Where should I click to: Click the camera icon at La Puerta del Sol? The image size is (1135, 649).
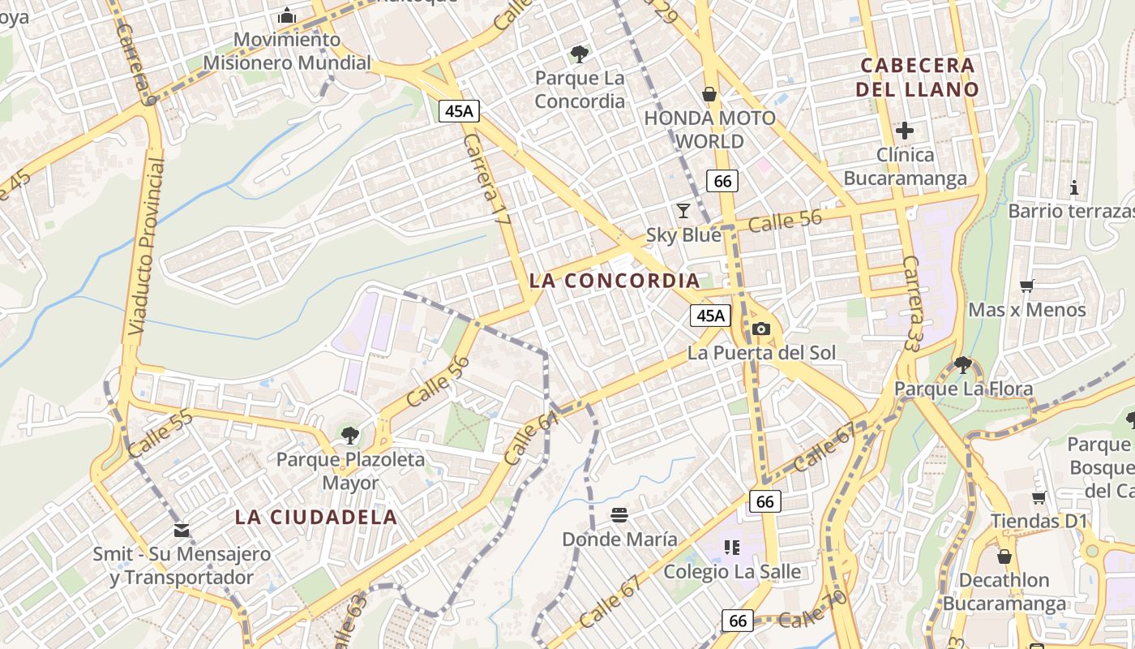pyautogui.click(x=760, y=329)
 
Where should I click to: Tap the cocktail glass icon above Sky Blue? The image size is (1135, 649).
pyautogui.click(x=683, y=211)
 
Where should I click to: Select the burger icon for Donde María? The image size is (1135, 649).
pyautogui.click(x=619, y=514)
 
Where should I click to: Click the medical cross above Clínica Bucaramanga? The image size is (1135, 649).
pyautogui.click(x=905, y=130)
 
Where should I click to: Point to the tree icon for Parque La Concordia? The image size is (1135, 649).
pyautogui.click(x=579, y=54)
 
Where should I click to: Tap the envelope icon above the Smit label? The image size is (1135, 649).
pyautogui.click(x=182, y=531)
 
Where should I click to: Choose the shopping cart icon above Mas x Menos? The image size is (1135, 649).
pyautogui.click(x=1026, y=286)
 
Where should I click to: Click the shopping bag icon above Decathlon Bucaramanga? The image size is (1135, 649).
pyautogui.click(x=1004, y=556)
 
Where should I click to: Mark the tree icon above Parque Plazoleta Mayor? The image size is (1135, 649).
pyautogui.click(x=349, y=436)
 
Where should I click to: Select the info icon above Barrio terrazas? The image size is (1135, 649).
pyautogui.click(x=1074, y=187)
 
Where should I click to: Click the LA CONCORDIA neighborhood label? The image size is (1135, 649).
pyautogui.click(x=614, y=281)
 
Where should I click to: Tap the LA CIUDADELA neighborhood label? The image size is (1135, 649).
pyautogui.click(x=316, y=517)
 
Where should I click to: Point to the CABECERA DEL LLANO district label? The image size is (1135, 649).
pyautogui.click(x=917, y=77)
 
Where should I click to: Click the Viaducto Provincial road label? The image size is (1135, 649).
pyautogui.click(x=147, y=247)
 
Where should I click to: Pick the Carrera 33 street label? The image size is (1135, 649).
pyautogui.click(x=914, y=303)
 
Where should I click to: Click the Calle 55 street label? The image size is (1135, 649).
pyautogui.click(x=160, y=433)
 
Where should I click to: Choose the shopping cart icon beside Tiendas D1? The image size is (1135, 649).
pyautogui.click(x=1039, y=497)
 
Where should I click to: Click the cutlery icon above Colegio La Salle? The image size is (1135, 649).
pyautogui.click(x=733, y=548)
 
